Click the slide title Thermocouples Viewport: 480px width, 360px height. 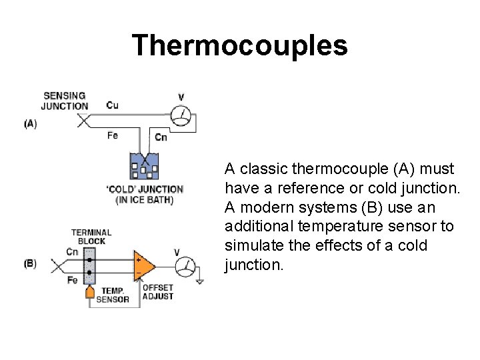[239, 45]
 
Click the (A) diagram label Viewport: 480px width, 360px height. [30, 123]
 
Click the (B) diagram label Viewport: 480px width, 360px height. [30, 263]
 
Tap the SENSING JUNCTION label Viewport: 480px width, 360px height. [65, 101]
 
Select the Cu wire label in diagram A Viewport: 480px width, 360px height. [113, 105]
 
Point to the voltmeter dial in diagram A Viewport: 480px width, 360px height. [181, 116]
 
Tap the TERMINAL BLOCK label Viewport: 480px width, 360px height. [91, 237]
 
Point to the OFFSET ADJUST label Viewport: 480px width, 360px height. [158, 292]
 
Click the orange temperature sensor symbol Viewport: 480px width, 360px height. [90, 293]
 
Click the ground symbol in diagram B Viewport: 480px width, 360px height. [199, 281]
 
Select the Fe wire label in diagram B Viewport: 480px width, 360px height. [73, 281]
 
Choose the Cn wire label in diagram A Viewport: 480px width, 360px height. [161, 137]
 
